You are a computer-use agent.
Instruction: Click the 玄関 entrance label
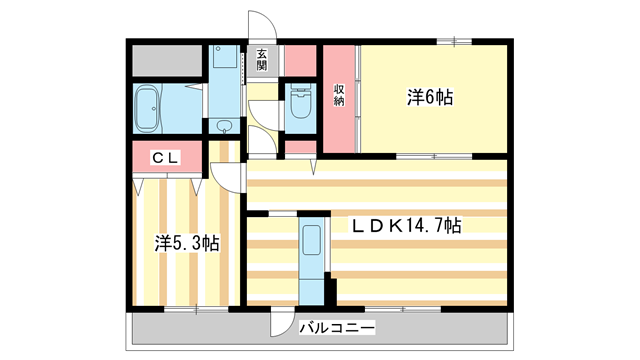(261, 60)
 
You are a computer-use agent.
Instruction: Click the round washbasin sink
(223, 126)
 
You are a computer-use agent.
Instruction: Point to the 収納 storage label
(339, 96)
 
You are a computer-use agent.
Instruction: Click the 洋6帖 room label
(430, 97)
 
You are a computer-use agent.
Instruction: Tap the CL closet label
(166, 157)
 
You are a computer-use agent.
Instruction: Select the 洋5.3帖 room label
(187, 242)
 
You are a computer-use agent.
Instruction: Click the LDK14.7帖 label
(405, 226)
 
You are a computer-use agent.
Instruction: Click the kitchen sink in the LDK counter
(312, 241)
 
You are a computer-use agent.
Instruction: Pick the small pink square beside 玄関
(299, 59)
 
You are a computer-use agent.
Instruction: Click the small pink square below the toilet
(299, 149)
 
